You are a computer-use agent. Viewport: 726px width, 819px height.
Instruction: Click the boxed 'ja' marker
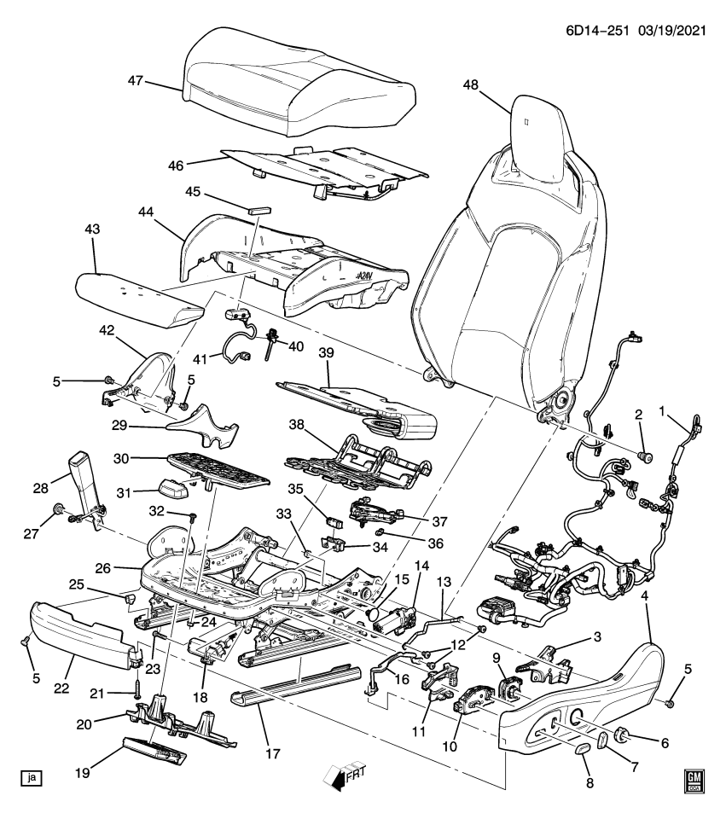coord(32,777)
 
